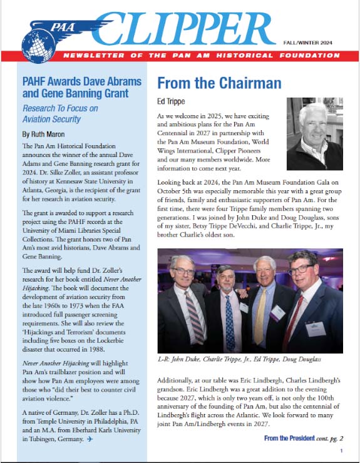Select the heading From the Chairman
(219, 83)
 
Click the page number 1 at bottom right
(341, 450)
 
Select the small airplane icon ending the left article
(90, 440)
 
